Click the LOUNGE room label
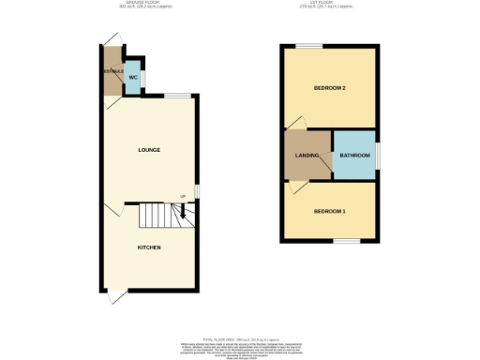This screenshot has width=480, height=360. [x=149, y=150]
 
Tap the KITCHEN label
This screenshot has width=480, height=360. [x=149, y=247]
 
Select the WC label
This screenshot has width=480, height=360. [x=133, y=77]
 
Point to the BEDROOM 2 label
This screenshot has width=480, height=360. [x=329, y=88]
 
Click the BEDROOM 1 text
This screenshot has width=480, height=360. [x=329, y=211]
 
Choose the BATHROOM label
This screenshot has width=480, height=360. [x=355, y=155]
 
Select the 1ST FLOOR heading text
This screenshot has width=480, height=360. [x=331, y=4]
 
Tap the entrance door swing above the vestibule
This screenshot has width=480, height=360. [x=113, y=37]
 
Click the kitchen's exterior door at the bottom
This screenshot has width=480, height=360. [x=114, y=296]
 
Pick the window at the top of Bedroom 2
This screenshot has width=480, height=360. [x=309, y=45]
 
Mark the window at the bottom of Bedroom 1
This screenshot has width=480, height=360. [x=347, y=241]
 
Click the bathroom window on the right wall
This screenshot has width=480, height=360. [x=379, y=155]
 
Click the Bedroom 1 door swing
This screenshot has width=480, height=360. [x=294, y=187]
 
